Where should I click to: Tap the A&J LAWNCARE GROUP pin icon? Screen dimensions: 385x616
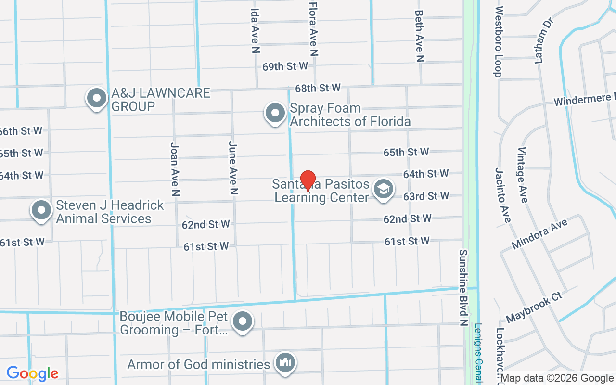(97, 98)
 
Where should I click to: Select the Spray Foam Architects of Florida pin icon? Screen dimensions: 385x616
(275, 114)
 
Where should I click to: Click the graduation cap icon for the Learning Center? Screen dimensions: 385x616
(384, 189)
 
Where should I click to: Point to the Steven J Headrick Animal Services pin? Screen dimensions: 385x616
(41, 210)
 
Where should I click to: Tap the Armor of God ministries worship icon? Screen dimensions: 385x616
(285, 363)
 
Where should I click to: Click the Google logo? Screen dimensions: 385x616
(32, 373)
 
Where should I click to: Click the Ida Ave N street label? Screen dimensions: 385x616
(256, 30)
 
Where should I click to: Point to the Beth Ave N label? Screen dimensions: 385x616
(419, 36)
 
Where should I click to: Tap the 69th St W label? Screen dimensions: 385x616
(285, 66)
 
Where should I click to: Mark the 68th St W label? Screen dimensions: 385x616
(318, 88)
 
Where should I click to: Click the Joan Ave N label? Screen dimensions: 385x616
(175, 168)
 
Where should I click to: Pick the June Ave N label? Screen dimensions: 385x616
(233, 167)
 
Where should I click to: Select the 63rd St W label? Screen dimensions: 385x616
(426, 196)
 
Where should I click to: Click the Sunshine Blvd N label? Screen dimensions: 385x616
(464, 287)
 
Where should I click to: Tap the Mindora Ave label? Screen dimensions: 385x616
(539, 233)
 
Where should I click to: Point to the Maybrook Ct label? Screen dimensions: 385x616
(534, 307)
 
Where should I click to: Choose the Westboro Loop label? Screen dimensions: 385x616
(498, 41)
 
